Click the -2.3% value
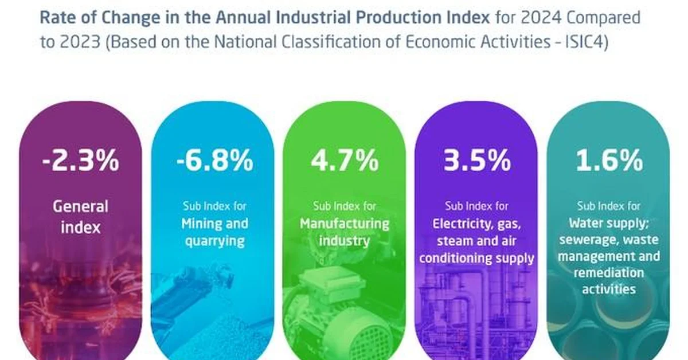click(80, 162)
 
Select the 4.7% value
click(345, 162)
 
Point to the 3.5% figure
click(476, 162)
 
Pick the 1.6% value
click(609, 162)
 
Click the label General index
click(80, 216)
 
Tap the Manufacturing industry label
click(345, 231)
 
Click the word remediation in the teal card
click(609, 272)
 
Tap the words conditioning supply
click(476, 257)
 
